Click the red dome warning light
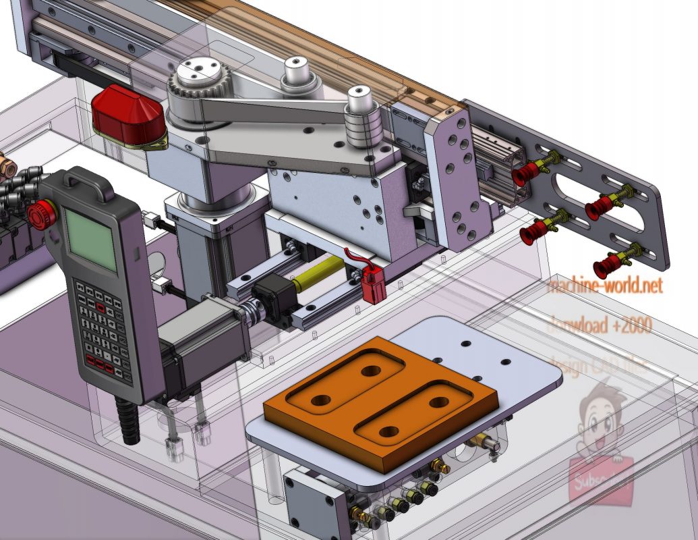click(x=128, y=116)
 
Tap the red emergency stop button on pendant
click(x=41, y=215)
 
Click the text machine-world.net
click(x=604, y=286)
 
